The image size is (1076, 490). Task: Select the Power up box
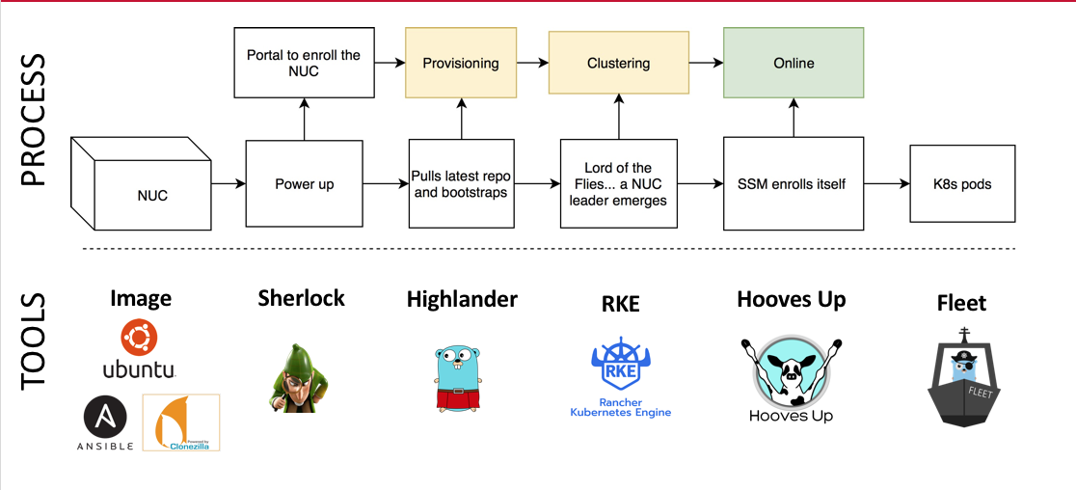(304, 184)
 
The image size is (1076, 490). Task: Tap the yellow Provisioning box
(461, 63)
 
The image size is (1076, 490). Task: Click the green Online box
(794, 63)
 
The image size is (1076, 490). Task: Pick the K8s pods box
(962, 182)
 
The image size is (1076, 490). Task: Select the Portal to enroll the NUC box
(304, 63)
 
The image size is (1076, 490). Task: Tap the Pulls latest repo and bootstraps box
(461, 183)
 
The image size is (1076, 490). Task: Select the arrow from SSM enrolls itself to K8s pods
(886, 183)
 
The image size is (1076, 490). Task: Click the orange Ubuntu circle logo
(140, 339)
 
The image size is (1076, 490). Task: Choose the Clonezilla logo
(180, 422)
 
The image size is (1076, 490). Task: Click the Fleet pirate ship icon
(961, 377)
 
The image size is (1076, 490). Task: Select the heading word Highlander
(462, 299)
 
